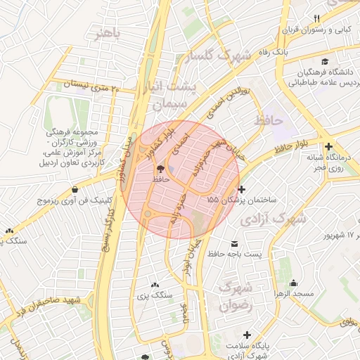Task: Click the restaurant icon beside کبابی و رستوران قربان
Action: point(316,18)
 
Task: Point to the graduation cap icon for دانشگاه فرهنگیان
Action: point(325,61)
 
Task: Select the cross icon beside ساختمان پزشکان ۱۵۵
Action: point(242,189)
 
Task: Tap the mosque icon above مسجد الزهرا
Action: point(293,282)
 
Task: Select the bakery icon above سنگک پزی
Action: point(155,285)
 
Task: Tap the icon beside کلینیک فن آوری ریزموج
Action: point(75,188)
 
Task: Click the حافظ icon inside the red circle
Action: point(161,169)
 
